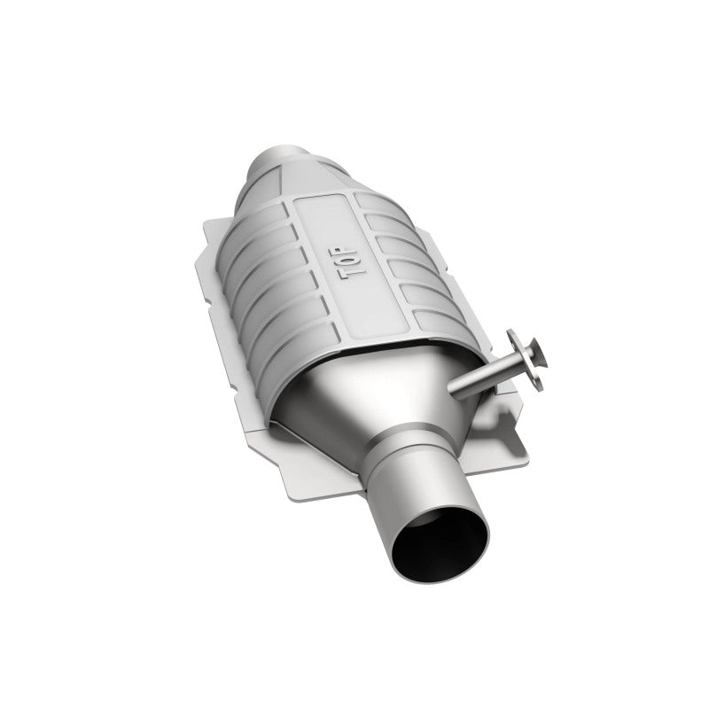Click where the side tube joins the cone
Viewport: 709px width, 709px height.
tap(453, 389)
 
